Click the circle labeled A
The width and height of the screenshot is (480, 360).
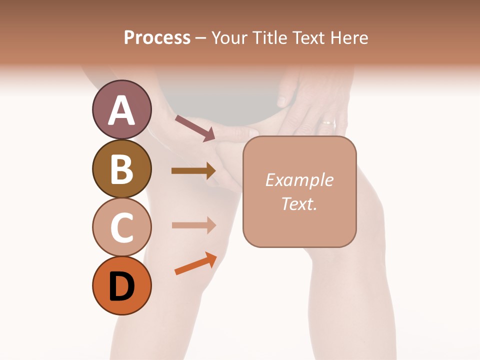[x=121, y=110]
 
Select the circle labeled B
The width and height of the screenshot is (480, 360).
[x=121, y=169]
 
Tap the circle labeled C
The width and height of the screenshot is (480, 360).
[x=121, y=227]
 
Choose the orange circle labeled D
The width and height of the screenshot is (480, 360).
[x=121, y=286]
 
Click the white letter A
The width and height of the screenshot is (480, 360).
[x=121, y=110]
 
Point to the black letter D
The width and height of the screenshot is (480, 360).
[x=121, y=286]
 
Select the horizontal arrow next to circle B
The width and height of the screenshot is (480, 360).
[x=193, y=171]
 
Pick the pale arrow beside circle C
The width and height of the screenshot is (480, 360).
[x=193, y=225]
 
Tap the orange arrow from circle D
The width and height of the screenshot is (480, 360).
[x=195, y=263]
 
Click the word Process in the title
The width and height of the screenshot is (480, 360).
[x=157, y=37]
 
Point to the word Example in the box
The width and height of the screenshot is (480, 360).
[x=299, y=180]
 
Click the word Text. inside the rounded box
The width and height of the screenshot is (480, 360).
[x=299, y=203]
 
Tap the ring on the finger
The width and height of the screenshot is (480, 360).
[x=328, y=122]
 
